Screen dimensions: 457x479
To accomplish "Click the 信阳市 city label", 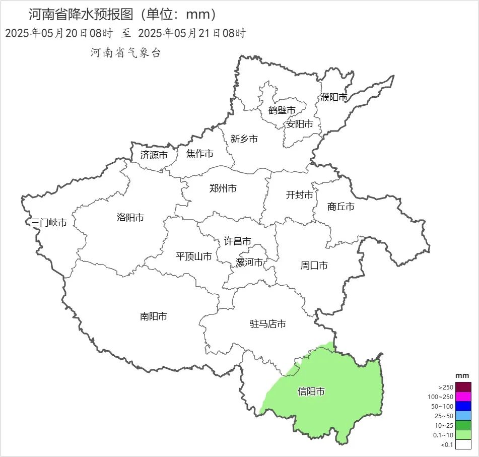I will pyautogui.click(x=311, y=391).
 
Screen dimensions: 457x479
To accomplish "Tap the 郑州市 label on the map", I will pyautogui.click(x=223, y=189).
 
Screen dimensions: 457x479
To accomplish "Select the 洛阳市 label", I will pyautogui.click(x=130, y=218).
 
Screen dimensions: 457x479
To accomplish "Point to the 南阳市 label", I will pyautogui.click(x=153, y=316).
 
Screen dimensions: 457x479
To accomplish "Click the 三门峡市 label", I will pyautogui.click(x=49, y=222).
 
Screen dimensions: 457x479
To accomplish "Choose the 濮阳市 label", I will pyautogui.click(x=334, y=98).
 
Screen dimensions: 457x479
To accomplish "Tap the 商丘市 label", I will pyautogui.click(x=340, y=207).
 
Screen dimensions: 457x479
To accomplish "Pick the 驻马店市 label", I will pyautogui.click(x=268, y=324).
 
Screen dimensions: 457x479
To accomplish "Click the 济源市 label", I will pyautogui.click(x=154, y=155).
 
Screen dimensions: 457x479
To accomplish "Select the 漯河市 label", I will pyautogui.click(x=249, y=263).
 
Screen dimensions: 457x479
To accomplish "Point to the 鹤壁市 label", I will pyautogui.click(x=282, y=110).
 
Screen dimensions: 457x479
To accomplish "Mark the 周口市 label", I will pyautogui.click(x=314, y=265).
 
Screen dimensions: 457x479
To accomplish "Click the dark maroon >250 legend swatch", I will pyautogui.click(x=464, y=387).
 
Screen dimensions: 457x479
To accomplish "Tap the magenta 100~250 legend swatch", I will pyautogui.click(x=464, y=397).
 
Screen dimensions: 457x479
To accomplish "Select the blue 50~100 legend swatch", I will pyautogui.click(x=464, y=406).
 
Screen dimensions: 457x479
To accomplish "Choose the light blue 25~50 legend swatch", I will pyautogui.click(x=464, y=416).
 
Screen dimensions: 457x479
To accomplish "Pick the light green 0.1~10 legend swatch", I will pyautogui.click(x=464, y=435).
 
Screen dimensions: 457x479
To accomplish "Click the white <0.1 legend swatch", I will pyautogui.click(x=464, y=444).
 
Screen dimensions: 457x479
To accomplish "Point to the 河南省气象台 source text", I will pyautogui.click(x=125, y=53).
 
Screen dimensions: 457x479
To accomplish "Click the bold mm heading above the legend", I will pyautogui.click(x=462, y=376).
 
